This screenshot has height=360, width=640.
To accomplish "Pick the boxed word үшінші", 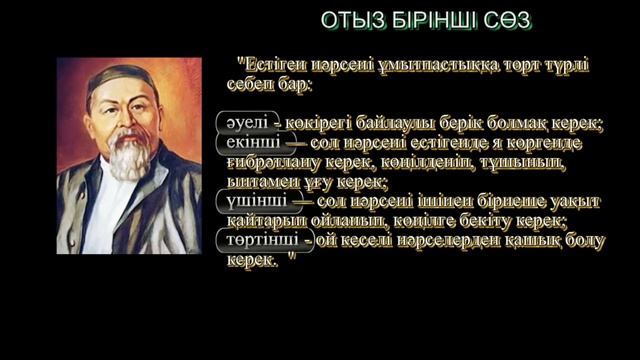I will (250, 201).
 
